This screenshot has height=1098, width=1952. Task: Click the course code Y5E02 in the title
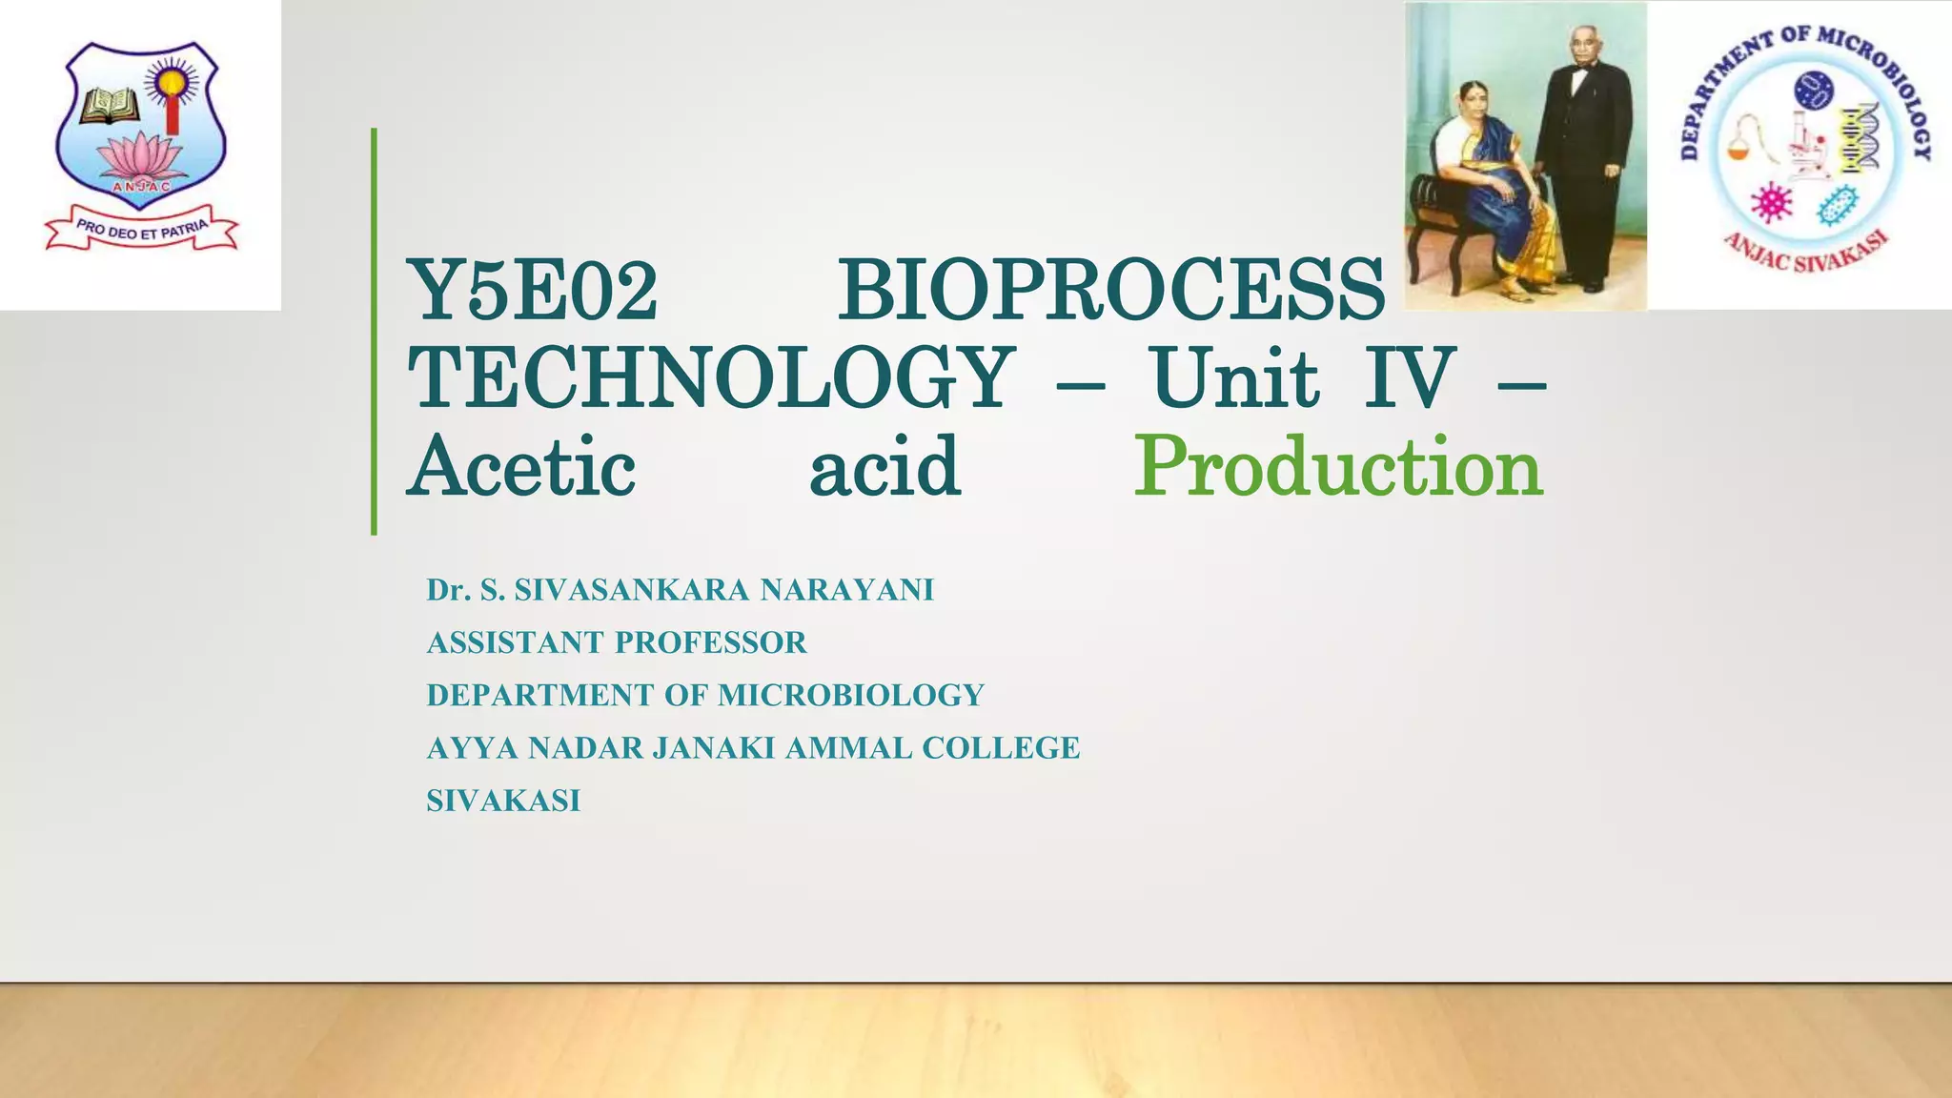coord(532,291)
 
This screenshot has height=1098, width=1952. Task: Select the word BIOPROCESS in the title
coord(1110,291)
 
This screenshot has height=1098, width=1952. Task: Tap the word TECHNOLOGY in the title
coord(710,378)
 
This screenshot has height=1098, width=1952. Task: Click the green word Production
coord(1338,467)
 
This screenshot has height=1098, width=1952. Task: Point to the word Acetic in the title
coord(521,467)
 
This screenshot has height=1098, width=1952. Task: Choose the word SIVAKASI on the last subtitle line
coord(503,801)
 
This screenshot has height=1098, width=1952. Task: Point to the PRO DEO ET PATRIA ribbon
coord(141,230)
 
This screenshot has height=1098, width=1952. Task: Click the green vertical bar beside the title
coord(374,331)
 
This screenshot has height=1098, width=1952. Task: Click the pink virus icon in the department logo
coord(1772,202)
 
